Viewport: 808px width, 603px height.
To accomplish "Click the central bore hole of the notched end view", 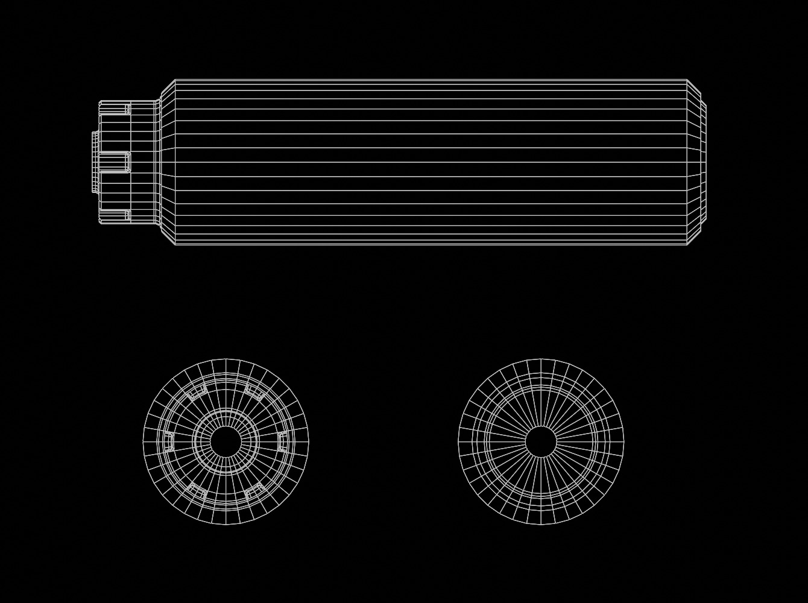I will point(226,442).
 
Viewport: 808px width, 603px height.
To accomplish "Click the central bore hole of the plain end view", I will point(541,442).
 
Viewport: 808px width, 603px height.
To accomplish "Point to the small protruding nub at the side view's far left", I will point(95,162).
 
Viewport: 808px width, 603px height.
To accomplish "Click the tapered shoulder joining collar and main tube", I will point(166,162).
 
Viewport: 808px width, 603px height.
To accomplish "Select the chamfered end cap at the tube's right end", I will point(696,162).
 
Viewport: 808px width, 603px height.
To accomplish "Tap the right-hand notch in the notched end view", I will point(283,442).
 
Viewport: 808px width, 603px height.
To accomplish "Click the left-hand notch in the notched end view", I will point(169,442).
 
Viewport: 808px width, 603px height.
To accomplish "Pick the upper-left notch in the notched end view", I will point(198,393).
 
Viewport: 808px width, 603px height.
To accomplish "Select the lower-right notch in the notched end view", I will point(254,491).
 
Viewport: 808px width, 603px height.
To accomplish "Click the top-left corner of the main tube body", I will point(175,80).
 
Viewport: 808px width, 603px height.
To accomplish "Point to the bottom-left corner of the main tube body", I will point(175,244).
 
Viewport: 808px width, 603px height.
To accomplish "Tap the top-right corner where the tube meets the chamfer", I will point(687,80).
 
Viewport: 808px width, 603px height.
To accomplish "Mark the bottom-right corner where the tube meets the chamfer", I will point(687,244).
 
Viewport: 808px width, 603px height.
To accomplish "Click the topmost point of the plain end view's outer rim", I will point(541,359).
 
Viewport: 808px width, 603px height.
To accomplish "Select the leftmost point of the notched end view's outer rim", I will point(144,442).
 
